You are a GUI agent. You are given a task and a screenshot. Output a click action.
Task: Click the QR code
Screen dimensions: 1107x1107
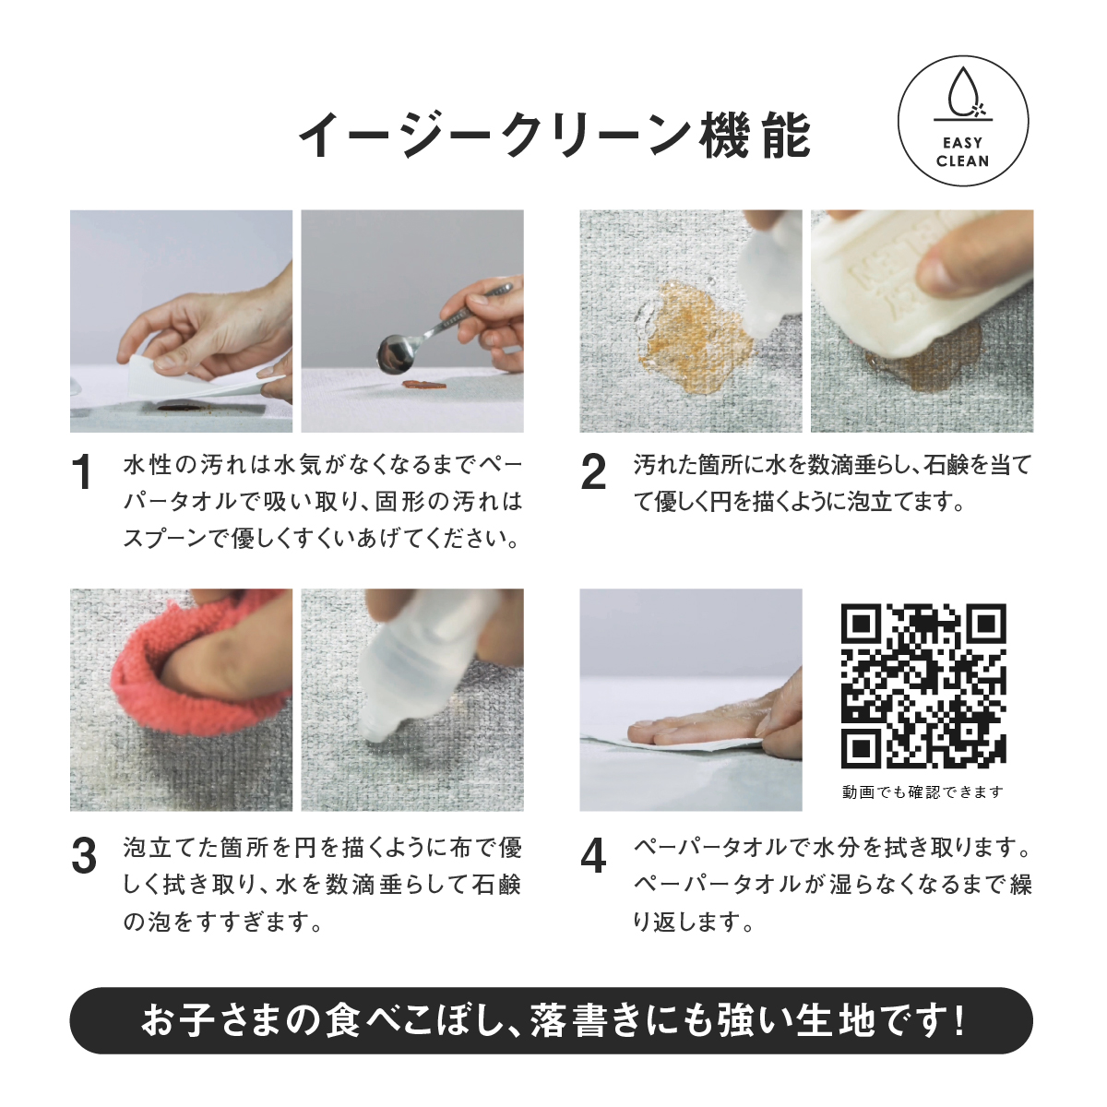(x=923, y=685)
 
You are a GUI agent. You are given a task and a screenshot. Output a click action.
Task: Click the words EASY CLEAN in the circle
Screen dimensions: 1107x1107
(x=963, y=151)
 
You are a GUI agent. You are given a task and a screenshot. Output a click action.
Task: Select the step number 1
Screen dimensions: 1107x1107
(x=84, y=472)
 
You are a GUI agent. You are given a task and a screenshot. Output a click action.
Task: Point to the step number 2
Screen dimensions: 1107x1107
(x=593, y=472)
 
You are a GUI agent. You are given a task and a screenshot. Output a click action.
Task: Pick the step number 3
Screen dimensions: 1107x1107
(x=84, y=856)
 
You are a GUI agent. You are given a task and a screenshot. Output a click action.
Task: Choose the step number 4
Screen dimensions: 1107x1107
(x=593, y=856)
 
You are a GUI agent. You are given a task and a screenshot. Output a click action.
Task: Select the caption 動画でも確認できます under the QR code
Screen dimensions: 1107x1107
(x=922, y=792)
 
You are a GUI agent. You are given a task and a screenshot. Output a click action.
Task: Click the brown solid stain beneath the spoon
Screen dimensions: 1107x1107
(x=422, y=385)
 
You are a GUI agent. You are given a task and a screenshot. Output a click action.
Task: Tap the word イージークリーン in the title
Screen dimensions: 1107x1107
(x=494, y=136)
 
